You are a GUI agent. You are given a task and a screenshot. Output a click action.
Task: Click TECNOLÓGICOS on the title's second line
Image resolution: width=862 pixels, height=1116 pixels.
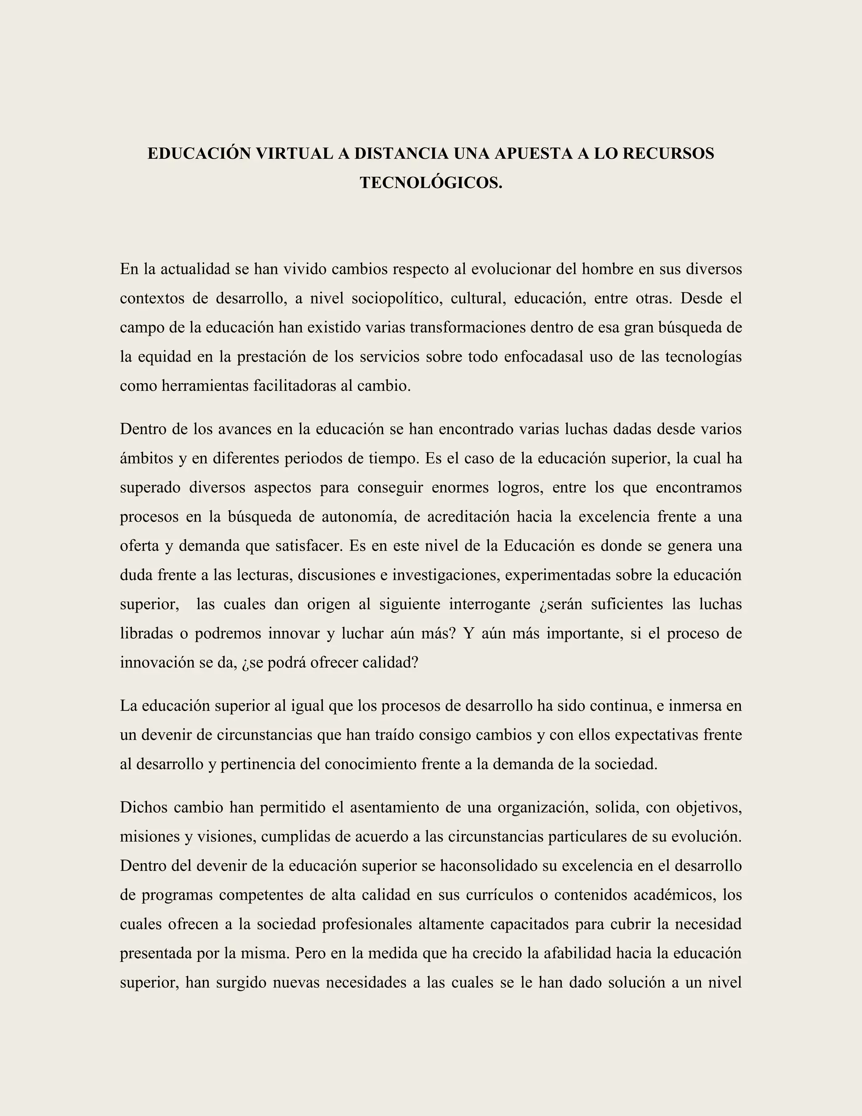pos(431,183)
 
